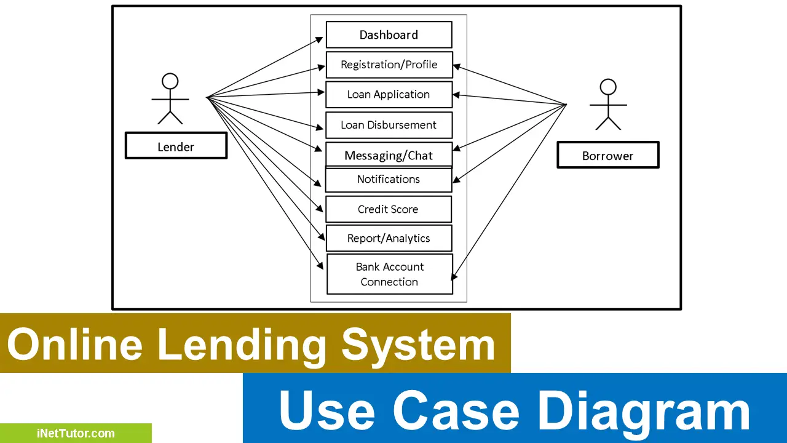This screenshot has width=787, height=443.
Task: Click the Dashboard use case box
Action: [x=389, y=35]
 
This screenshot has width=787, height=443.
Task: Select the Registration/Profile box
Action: [x=389, y=65]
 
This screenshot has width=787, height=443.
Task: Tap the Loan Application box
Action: [x=389, y=95]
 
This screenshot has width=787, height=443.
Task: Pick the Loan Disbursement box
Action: [x=389, y=125]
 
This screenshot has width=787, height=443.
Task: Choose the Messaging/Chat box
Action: [x=389, y=155]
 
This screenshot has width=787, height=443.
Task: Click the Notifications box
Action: [x=389, y=180]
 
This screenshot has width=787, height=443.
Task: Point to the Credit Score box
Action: [x=388, y=209]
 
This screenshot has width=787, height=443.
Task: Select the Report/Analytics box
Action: [x=389, y=239]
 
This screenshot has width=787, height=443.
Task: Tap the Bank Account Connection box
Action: [x=389, y=274]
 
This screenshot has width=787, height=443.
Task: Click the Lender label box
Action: [x=176, y=147]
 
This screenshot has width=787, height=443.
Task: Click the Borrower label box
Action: [x=607, y=156]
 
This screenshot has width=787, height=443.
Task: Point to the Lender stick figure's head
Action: [x=170, y=81]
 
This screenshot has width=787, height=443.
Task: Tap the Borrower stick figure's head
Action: [x=608, y=87]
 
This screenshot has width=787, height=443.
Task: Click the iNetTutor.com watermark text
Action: [x=75, y=433]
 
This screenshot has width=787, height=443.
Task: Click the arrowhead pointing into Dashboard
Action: [x=320, y=38]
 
